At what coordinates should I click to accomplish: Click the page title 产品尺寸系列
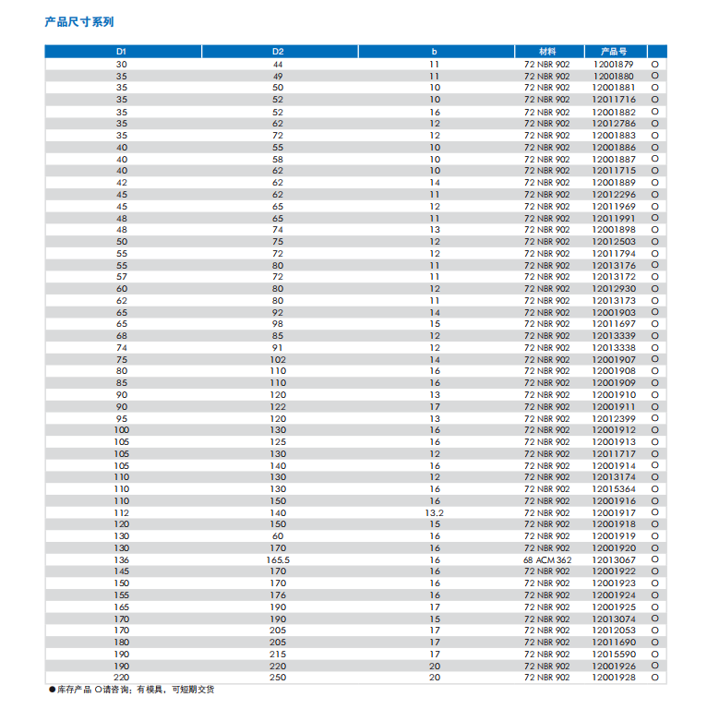point(79,21)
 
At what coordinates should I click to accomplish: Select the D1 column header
point(122,51)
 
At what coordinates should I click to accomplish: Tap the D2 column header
point(278,51)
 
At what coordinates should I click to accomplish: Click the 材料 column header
point(547,51)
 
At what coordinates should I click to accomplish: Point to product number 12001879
point(613,64)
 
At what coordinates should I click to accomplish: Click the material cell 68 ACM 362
point(547,559)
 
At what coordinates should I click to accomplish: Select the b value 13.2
point(434,512)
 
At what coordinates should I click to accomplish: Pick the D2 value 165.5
point(278,559)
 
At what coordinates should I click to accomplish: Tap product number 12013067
point(613,559)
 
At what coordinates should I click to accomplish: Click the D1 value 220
point(122,678)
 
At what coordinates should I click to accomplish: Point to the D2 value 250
point(278,678)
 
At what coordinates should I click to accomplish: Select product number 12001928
point(613,678)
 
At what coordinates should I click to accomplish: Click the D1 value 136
point(122,559)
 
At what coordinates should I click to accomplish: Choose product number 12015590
point(613,654)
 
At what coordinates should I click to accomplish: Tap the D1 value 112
point(122,512)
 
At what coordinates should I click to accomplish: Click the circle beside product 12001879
point(656,64)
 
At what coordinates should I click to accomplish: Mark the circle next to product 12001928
point(656,678)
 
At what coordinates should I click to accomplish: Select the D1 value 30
point(122,64)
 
